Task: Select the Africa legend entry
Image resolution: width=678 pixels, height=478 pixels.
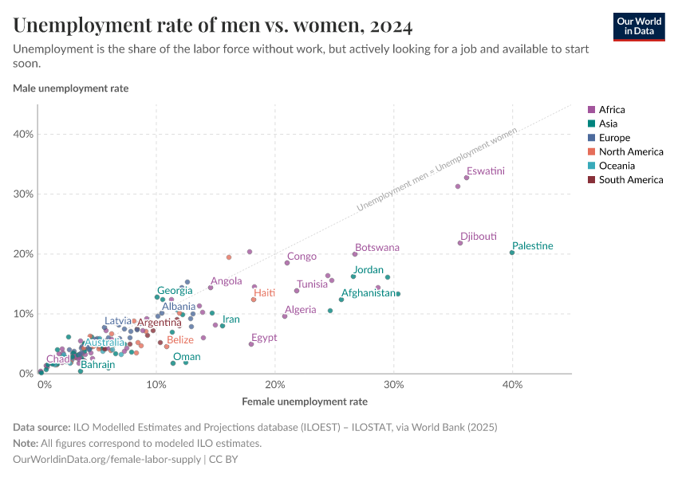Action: (x=611, y=110)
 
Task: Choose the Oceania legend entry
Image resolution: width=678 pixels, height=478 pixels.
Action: (x=617, y=166)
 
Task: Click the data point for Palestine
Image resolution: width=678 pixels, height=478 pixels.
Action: (x=512, y=253)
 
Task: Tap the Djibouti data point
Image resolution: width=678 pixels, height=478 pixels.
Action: (x=460, y=243)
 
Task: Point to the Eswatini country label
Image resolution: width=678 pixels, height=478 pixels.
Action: (x=485, y=171)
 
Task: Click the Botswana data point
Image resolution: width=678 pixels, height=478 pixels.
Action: (x=355, y=254)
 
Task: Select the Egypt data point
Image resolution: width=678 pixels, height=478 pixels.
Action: (x=251, y=344)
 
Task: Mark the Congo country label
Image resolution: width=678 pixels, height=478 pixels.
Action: (x=302, y=257)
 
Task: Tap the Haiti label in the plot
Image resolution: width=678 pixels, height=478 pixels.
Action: (x=264, y=293)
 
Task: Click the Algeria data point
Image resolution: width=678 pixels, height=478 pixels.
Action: (x=285, y=316)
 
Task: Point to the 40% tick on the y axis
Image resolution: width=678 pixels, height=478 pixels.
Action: (x=23, y=134)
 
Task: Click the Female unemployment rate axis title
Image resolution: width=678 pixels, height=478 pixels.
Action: (x=305, y=401)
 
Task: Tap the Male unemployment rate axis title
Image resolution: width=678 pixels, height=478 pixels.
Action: (x=70, y=88)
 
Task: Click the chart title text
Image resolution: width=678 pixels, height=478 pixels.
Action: (x=213, y=26)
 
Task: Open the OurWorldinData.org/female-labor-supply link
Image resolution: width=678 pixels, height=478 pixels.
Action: (x=108, y=460)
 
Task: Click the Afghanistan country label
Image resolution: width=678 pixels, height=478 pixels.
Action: (x=368, y=293)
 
